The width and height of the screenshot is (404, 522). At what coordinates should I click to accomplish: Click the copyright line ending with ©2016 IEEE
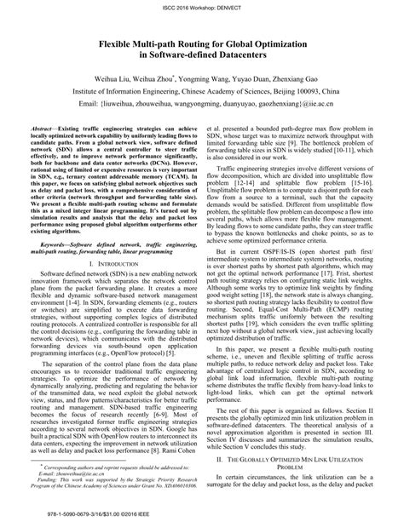pos(78,515)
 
